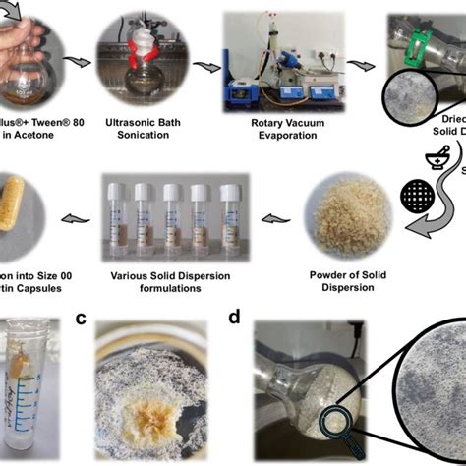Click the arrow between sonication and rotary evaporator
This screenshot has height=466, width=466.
[206, 66]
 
